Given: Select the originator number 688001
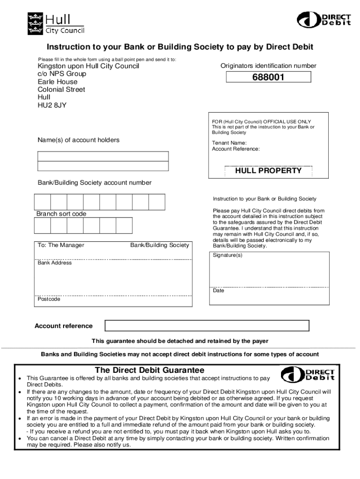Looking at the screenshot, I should (x=268, y=78).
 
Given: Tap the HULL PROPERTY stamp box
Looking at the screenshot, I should (x=268, y=171).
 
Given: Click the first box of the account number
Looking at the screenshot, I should (x=43, y=202).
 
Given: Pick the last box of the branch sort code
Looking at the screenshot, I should (x=124, y=225).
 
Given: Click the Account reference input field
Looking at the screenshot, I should (x=207, y=326).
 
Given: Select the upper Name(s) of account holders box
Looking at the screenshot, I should (x=103, y=156).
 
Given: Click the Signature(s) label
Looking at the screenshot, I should (x=228, y=255).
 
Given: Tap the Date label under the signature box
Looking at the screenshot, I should (x=218, y=290).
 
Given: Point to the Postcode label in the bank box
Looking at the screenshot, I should (x=49, y=299).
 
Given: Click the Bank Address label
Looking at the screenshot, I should (x=55, y=263).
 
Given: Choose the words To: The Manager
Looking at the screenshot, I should (x=61, y=245).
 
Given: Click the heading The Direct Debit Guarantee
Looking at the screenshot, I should (x=150, y=370).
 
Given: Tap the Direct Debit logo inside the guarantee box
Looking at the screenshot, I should (x=308, y=375).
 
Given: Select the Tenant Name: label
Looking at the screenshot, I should (x=229, y=143).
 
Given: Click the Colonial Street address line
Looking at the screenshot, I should (x=61, y=89).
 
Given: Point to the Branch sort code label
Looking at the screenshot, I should (x=61, y=214).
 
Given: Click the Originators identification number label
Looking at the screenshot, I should (x=268, y=66).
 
